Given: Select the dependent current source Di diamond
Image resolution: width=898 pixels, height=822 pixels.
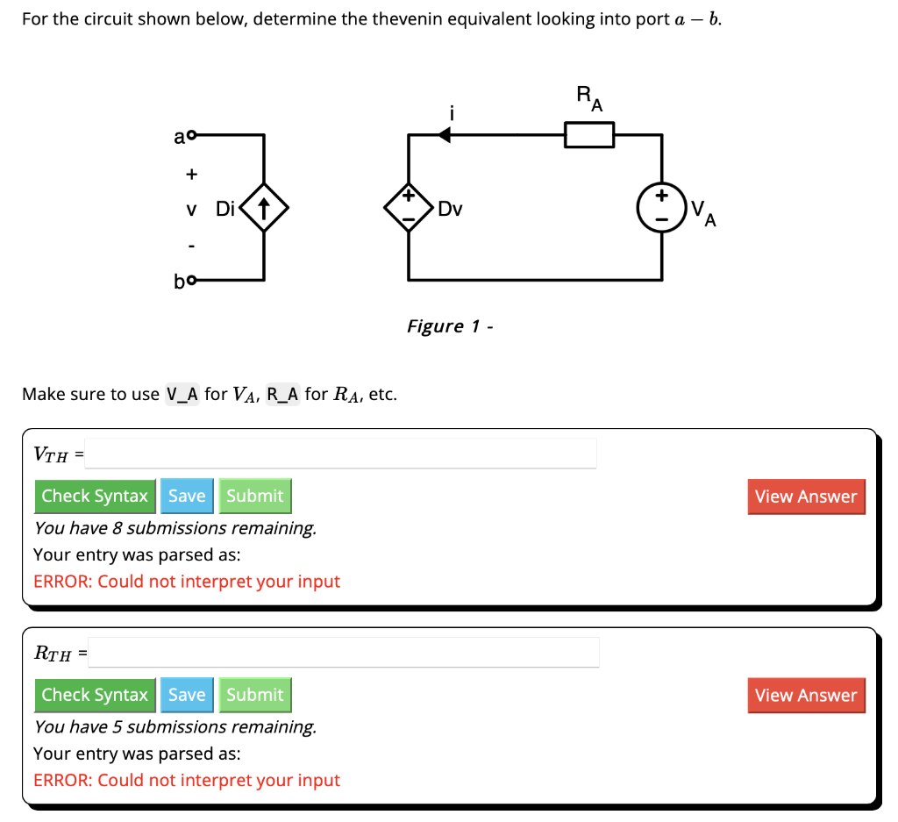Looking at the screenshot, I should [263, 209].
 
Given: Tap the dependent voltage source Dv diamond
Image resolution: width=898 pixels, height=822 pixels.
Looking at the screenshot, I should [409, 209].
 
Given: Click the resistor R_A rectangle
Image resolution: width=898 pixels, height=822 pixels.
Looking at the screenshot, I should [588, 135].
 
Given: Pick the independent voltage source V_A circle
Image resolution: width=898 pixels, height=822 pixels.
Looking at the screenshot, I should [661, 209].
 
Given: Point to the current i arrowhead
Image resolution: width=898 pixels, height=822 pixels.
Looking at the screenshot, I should [445, 135].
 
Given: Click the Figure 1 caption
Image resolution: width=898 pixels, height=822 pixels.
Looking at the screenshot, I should [450, 326].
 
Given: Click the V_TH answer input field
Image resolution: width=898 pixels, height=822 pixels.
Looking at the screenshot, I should [340, 454].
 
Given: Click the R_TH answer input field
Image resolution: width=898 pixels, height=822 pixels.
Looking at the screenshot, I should [344, 652].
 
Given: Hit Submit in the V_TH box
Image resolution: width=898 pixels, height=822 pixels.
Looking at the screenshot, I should [254, 496].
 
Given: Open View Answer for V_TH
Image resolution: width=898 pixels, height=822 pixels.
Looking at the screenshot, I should [805, 497].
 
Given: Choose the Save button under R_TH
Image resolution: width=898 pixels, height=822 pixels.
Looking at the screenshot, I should [187, 695].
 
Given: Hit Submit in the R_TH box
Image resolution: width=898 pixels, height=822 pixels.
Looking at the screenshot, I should [254, 695].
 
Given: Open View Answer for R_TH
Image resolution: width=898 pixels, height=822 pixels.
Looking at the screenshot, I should [805, 696].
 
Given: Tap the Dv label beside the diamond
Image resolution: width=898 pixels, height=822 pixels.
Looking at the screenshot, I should [451, 210].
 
